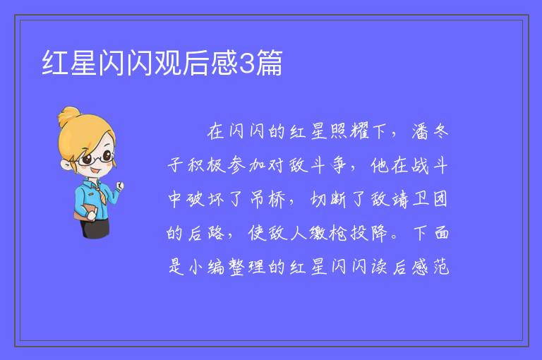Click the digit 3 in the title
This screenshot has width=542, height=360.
(x=246, y=63)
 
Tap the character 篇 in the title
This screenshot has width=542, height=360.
(x=269, y=63)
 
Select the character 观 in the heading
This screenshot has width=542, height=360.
(x=168, y=63)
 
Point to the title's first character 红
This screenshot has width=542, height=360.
(x=55, y=63)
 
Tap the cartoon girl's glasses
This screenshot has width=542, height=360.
(x=95, y=158)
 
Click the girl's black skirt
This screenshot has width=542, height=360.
(x=95, y=228)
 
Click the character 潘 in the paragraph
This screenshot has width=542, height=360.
(x=420, y=131)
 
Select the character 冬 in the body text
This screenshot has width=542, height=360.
(x=440, y=131)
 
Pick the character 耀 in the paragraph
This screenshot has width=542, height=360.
(x=359, y=131)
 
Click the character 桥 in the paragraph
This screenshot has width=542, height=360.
(x=277, y=199)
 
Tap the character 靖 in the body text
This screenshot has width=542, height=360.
(x=399, y=199)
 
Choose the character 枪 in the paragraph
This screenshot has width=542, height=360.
(x=338, y=233)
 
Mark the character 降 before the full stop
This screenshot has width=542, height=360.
(x=379, y=233)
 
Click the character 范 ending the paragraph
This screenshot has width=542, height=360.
(x=441, y=267)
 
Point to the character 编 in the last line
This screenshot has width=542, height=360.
(x=217, y=267)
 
